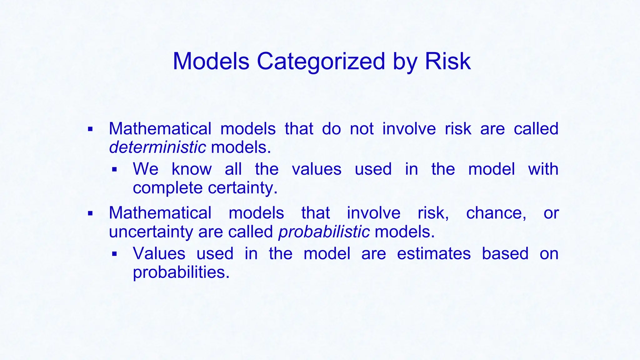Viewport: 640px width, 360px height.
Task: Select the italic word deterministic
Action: point(157,147)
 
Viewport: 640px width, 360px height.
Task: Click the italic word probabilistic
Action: point(324,232)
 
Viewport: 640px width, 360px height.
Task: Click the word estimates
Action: point(434,253)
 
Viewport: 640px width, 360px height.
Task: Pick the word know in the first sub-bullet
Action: point(192,169)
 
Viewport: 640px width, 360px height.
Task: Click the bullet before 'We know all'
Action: point(114,170)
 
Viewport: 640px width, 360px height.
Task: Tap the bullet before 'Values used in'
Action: point(114,254)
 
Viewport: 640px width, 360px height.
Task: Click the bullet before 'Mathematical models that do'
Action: point(90,129)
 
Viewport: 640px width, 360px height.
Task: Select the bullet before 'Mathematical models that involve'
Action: point(90,214)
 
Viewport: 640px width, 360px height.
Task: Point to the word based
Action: point(505,253)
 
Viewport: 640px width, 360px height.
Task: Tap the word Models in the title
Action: point(211,61)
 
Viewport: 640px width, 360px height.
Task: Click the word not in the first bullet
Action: point(362,129)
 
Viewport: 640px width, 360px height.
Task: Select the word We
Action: point(146,169)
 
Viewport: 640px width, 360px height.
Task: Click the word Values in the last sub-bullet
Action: point(159,253)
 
